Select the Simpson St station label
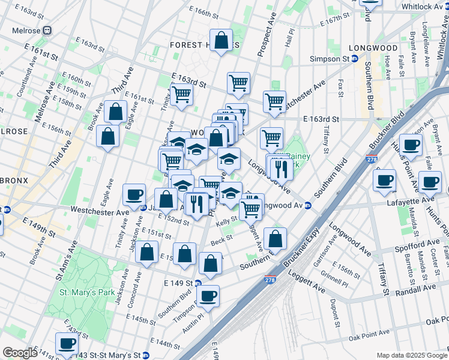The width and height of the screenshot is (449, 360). coord(330,59)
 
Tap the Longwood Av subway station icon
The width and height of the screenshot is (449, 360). coord(308,205)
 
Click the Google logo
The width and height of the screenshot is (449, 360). coord(19,353)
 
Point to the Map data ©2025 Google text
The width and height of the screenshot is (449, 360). coord(411,355)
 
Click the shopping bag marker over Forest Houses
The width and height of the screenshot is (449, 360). coord(221,41)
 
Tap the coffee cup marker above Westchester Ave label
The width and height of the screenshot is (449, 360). coord(134,194)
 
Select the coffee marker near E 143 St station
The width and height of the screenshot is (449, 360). coord(67,343)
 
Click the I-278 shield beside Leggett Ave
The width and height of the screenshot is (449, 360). coord(270,280)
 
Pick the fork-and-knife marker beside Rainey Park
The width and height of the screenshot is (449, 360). coord(280,167)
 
